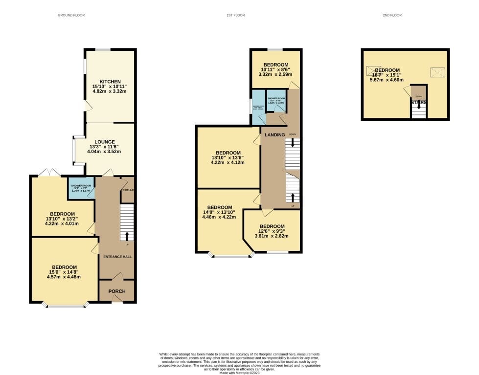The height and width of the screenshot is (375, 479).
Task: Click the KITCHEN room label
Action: click(110, 81)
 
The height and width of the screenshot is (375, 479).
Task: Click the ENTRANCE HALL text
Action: click(116, 257)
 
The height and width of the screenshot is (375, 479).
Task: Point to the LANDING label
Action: click(274, 135)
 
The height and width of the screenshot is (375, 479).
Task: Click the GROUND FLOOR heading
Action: click(71, 15)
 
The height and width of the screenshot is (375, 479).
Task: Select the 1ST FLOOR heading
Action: click(235, 15)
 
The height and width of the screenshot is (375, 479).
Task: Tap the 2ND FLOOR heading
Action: click(392, 15)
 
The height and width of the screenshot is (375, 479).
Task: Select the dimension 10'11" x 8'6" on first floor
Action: click(275, 70)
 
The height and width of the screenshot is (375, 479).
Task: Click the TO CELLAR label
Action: click(128, 190)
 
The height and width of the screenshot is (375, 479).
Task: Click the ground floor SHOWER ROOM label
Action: click(82, 186)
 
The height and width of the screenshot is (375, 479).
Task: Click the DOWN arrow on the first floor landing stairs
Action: click(293, 143)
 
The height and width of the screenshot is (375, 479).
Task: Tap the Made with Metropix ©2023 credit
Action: click(239, 373)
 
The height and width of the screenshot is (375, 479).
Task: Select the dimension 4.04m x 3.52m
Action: click(104, 151)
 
